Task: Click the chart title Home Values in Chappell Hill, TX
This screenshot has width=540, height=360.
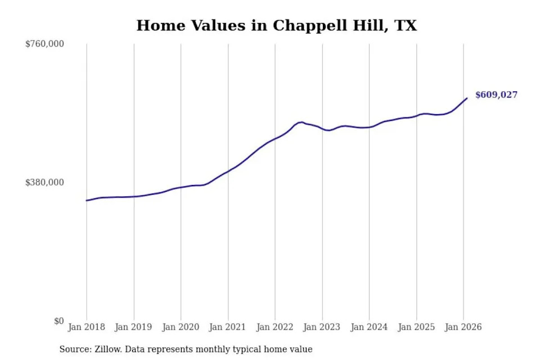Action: (x=277, y=26)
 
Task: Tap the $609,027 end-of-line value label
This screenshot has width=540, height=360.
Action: (x=496, y=94)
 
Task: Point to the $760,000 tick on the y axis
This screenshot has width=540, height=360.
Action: (x=45, y=44)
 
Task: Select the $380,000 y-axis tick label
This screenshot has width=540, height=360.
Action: (x=45, y=182)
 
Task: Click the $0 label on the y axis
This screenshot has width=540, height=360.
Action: (x=59, y=321)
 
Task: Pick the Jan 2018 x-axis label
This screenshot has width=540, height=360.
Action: (x=87, y=327)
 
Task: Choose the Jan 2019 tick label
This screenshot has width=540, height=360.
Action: (x=133, y=327)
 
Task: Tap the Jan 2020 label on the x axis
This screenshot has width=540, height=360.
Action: (x=181, y=327)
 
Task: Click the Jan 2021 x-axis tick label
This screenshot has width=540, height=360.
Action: (x=227, y=327)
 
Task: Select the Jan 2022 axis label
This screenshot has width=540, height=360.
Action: (x=275, y=327)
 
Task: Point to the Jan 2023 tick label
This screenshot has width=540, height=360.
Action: (x=322, y=327)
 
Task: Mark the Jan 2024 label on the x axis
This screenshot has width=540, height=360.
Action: (x=369, y=327)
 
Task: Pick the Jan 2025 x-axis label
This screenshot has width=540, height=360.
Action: (x=416, y=327)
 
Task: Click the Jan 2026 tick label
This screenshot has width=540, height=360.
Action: (x=463, y=327)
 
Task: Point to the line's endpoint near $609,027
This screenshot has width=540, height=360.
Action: (x=467, y=98)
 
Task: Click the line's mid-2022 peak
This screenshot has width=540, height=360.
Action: (x=301, y=122)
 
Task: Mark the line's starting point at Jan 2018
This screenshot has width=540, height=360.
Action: (x=87, y=200)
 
